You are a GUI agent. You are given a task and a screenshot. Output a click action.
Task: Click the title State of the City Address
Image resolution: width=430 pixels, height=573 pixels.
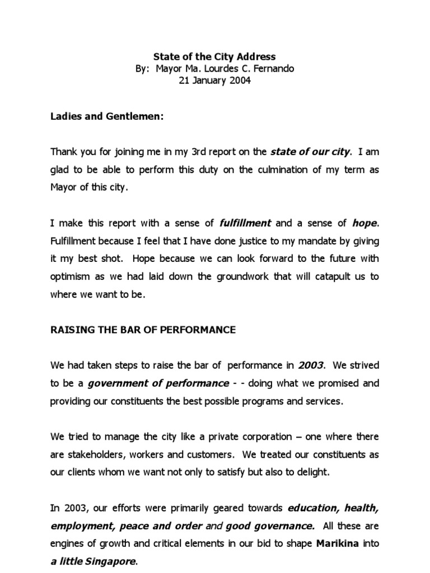pyautogui.click(x=215, y=57)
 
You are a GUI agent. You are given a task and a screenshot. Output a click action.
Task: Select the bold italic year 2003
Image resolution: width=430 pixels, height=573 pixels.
pyautogui.click(x=311, y=365)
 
